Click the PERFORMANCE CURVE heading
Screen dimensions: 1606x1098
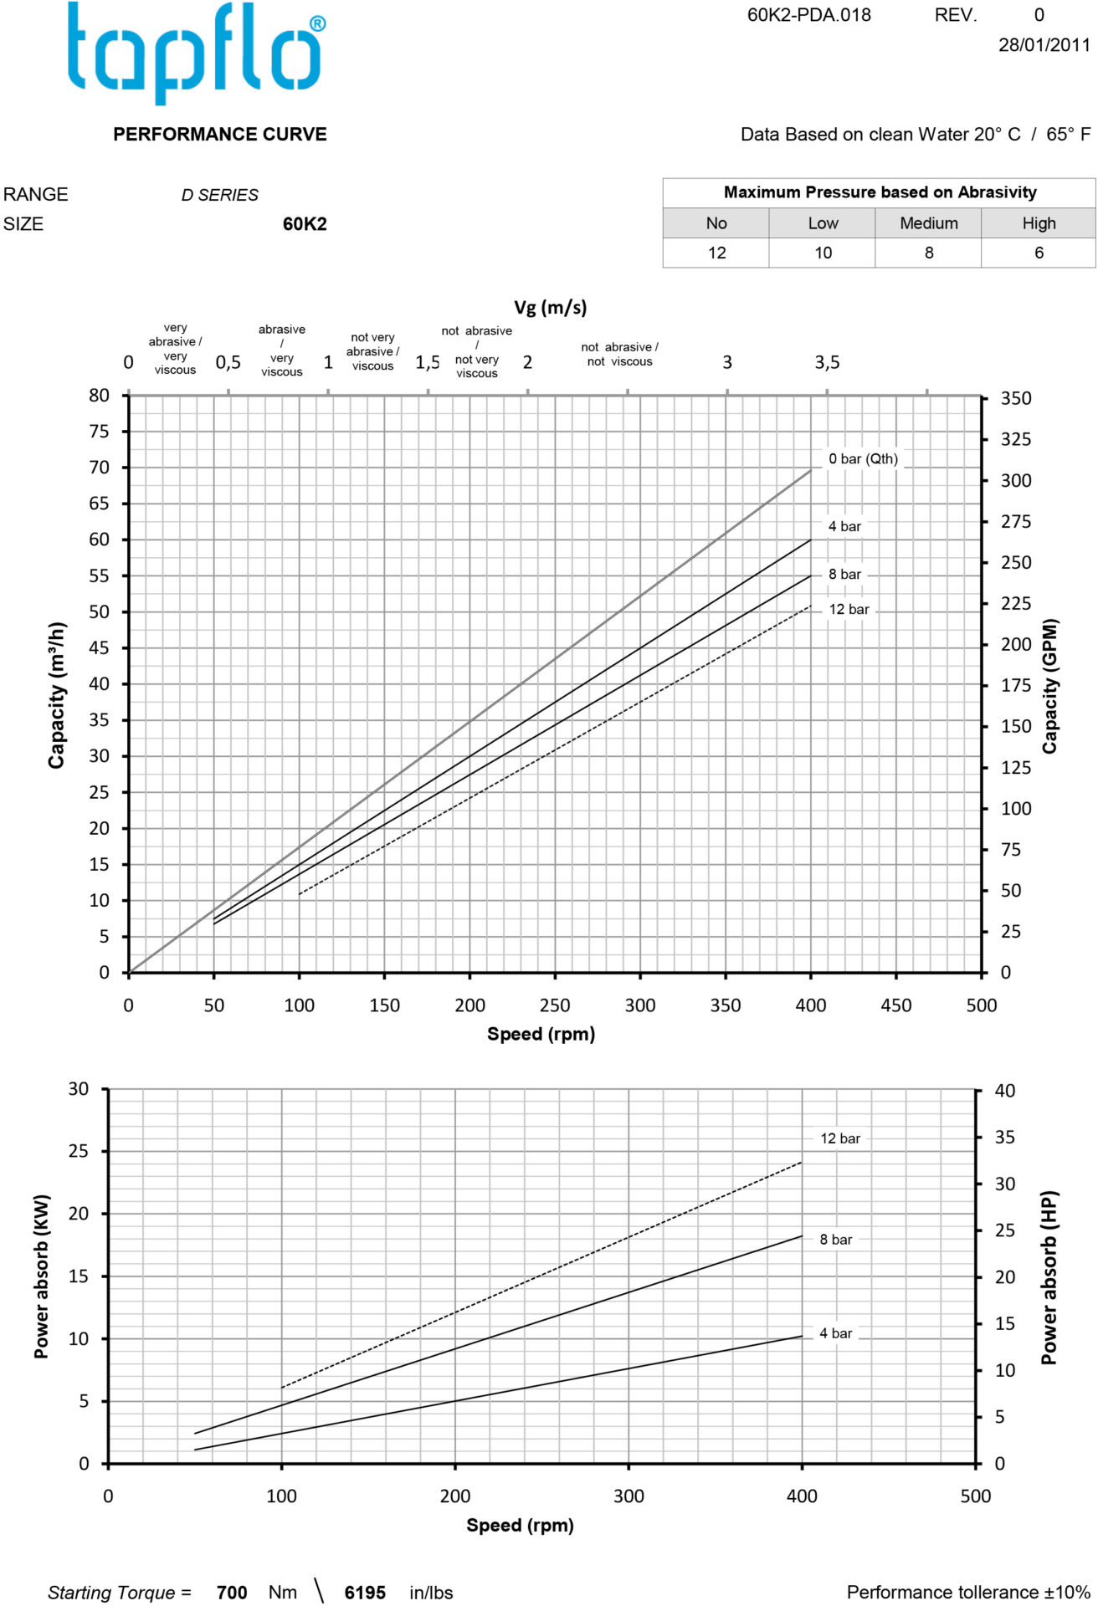(220, 135)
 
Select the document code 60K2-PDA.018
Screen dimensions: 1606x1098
(808, 15)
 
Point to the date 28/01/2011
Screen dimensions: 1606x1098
(1044, 45)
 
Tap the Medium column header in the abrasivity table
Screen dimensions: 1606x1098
(928, 223)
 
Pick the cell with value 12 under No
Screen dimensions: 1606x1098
(716, 253)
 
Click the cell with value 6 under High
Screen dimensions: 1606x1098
(1039, 253)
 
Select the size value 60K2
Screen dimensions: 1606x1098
(305, 224)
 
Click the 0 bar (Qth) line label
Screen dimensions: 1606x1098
(863, 459)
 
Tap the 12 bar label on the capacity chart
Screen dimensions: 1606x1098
(849, 610)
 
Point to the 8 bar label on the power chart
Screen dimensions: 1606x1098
(835, 1240)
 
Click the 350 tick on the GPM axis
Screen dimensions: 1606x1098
(1016, 399)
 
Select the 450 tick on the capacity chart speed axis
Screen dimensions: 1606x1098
(895, 1005)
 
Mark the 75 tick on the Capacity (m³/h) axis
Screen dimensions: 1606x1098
(99, 432)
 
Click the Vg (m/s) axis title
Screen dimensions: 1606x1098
(550, 308)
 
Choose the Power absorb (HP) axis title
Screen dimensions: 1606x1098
(1049, 1277)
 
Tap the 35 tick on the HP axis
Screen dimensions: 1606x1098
(1004, 1138)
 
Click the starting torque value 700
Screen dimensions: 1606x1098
(232, 1593)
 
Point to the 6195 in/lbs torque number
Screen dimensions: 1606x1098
(365, 1593)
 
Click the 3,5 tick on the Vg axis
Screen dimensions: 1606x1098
(827, 363)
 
